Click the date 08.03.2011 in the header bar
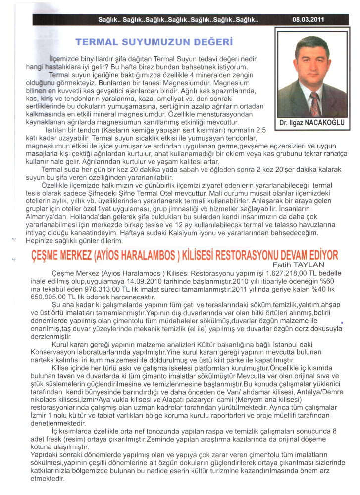[x=308, y=20]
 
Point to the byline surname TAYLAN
[x=324, y=266]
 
